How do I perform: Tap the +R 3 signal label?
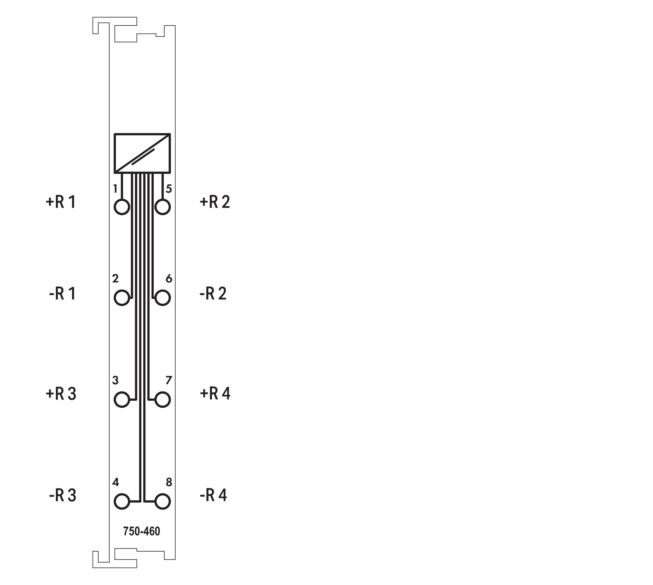(x=61, y=394)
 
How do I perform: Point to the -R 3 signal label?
(x=63, y=495)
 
